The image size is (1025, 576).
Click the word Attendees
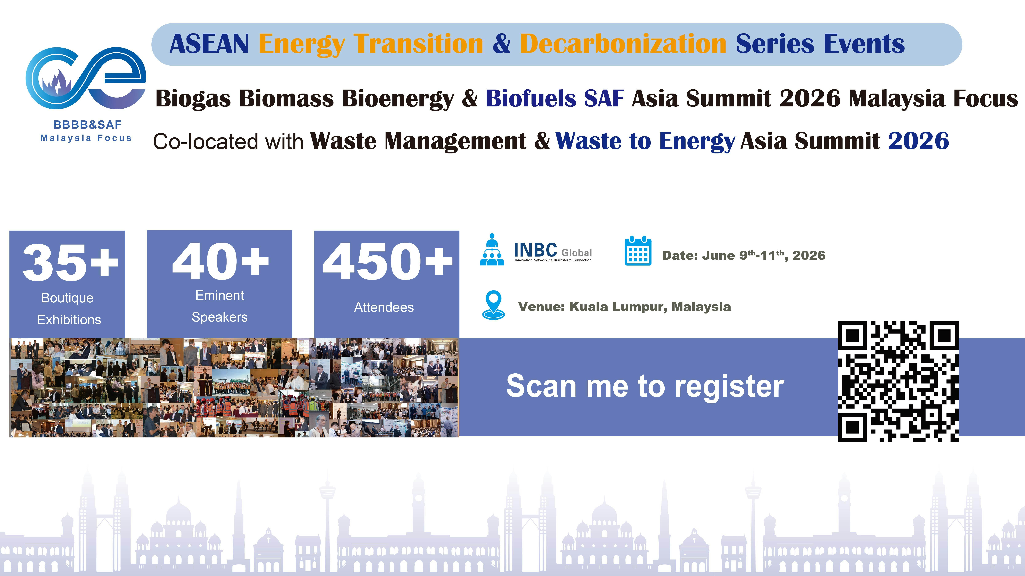click(x=384, y=307)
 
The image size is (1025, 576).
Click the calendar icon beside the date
click(x=638, y=251)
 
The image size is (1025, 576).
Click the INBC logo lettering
click(x=535, y=250)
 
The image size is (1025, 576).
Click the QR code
click(x=898, y=381)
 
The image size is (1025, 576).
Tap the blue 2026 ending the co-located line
click(x=918, y=141)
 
